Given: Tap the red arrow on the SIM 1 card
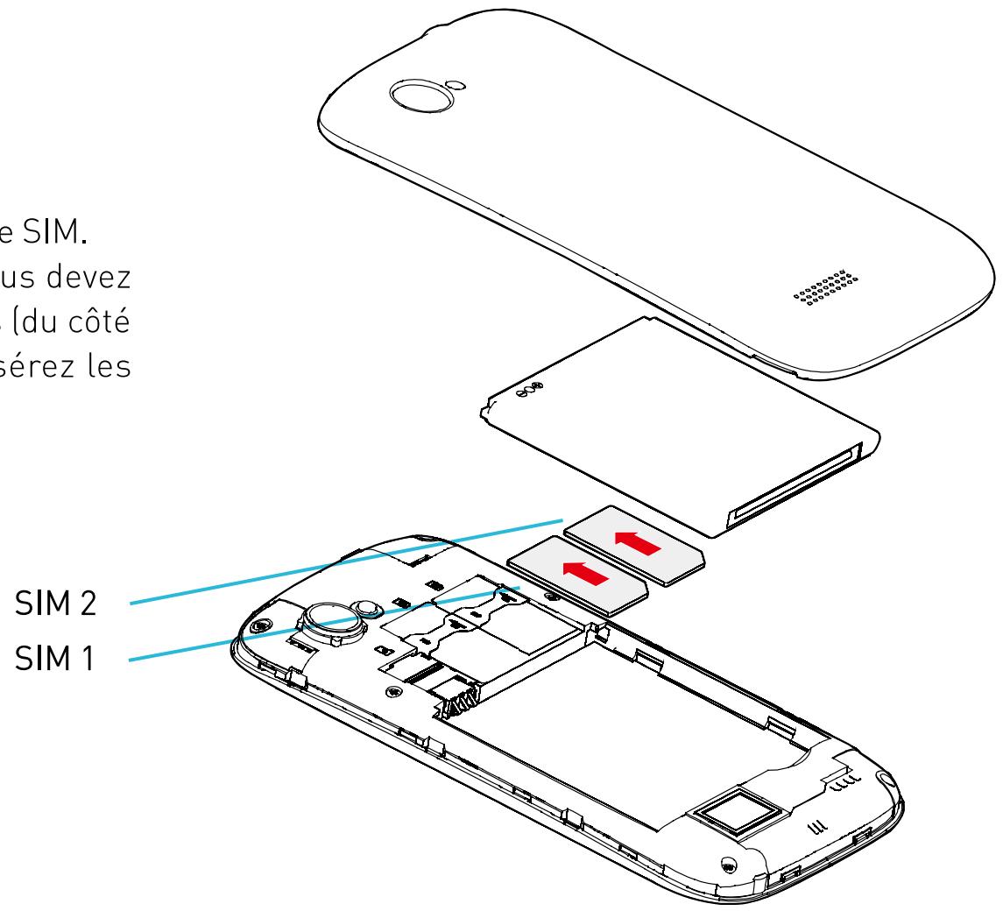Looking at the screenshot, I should point(585,576).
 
